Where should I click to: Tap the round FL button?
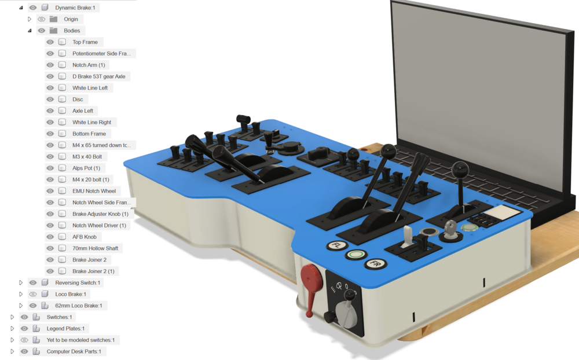[x=336, y=245]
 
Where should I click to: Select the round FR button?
[x=375, y=263]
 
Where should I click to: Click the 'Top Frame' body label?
[x=85, y=42]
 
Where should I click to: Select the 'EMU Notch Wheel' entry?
[x=94, y=191]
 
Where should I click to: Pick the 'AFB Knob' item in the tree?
[x=85, y=237]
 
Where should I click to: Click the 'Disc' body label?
[x=78, y=100]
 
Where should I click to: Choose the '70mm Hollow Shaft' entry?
[x=96, y=248]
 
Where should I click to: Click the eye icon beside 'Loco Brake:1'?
[x=33, y=294]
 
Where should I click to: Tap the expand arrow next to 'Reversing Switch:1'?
[x=21, y=282]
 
